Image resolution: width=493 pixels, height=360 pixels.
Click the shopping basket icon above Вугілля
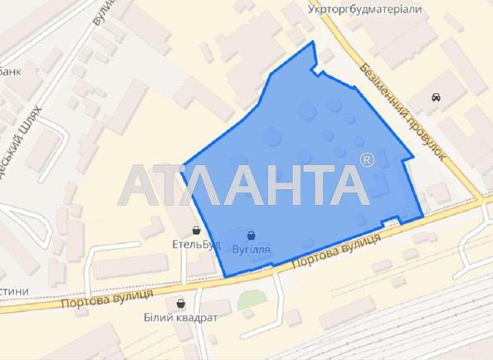tap(251, 235)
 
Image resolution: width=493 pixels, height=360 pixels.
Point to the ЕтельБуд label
tap(190, 245)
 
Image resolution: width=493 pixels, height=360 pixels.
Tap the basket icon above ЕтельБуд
tap(197, 230)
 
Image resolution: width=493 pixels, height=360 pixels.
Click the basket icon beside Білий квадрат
tap(182, 304)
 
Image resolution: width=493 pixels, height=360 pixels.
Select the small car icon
tap(436, 98)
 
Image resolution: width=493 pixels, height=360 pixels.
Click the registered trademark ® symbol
tap(367, 158)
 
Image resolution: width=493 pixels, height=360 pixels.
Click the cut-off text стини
tap(14, 289)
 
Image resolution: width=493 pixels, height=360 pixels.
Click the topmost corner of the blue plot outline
tap(313, 41)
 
